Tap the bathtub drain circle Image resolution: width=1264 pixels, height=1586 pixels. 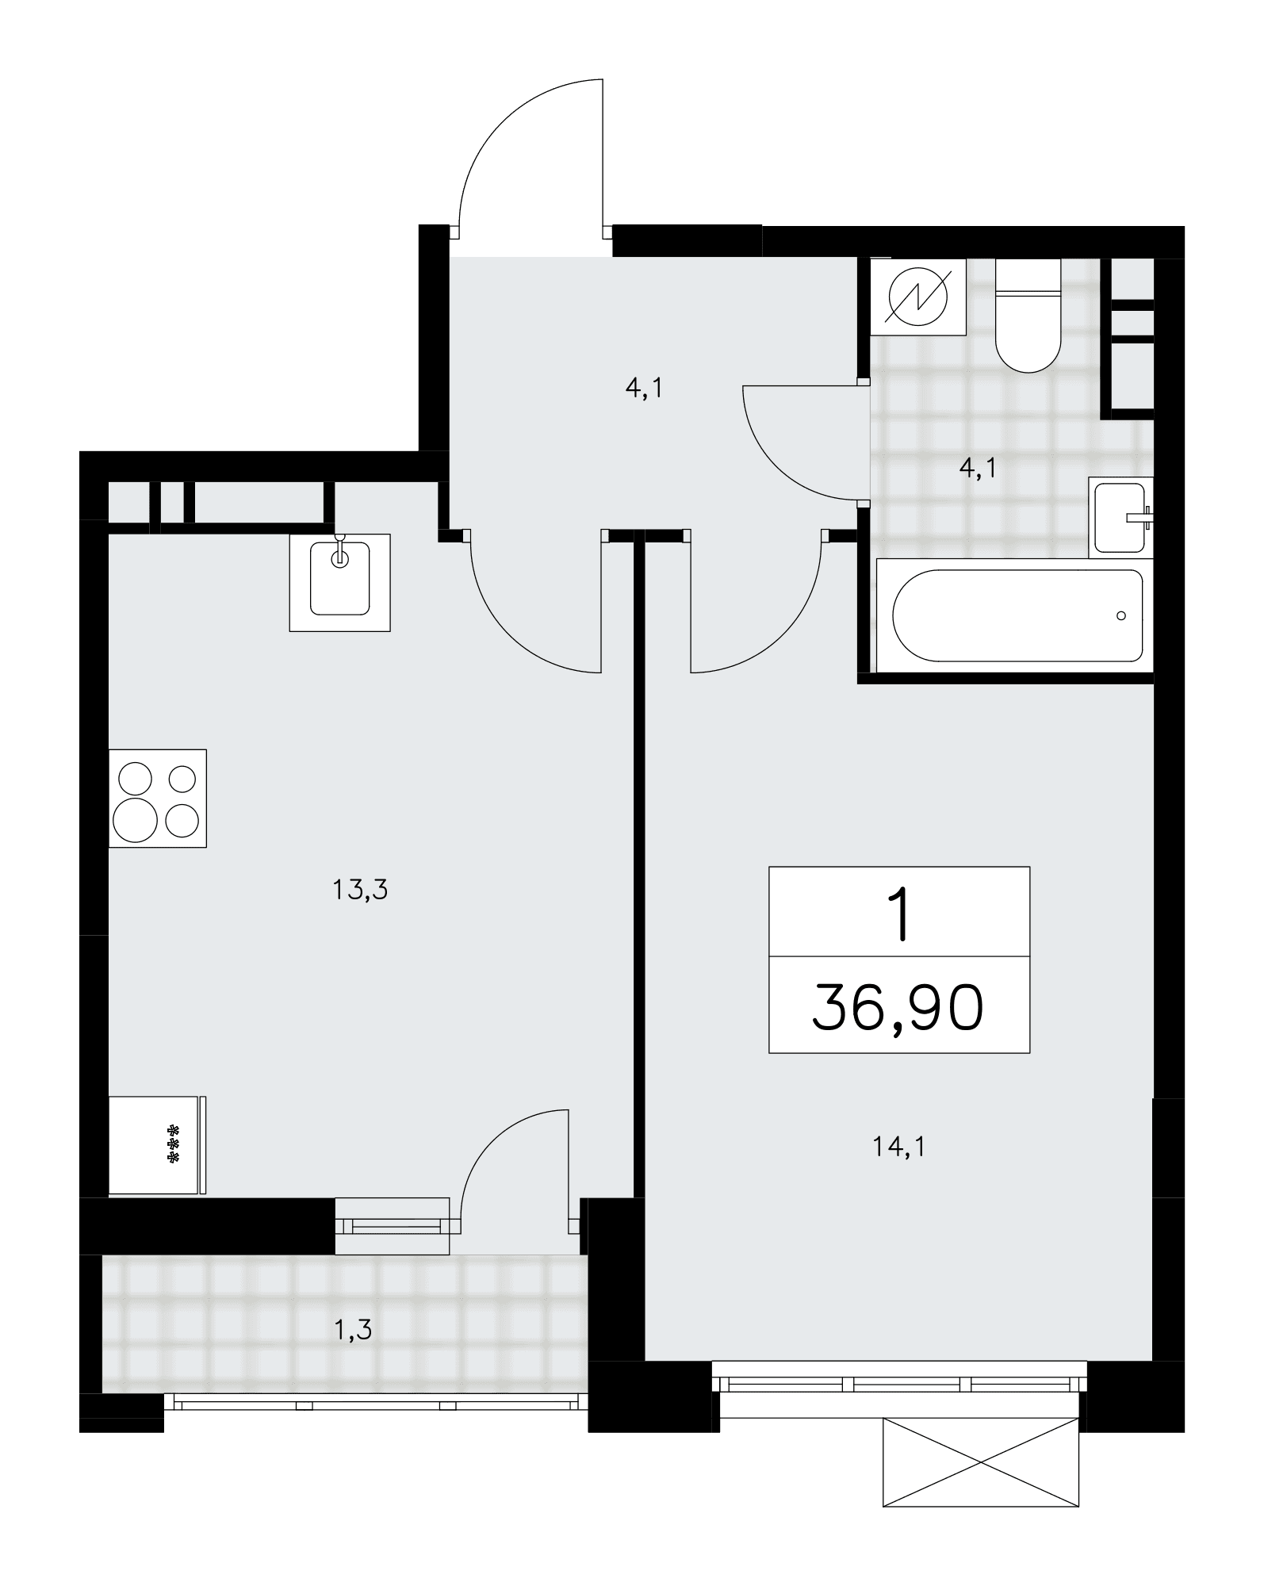(x=1120, y=615)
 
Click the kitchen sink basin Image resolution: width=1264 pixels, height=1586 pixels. (x=340, y=578)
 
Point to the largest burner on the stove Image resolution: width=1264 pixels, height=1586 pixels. (x=136, y=819)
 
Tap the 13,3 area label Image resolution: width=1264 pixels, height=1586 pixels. (x=360, y=891)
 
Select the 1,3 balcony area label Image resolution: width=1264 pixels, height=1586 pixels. (x=352, y=1329)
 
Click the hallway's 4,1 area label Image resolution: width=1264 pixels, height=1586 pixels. (x=644, y=389)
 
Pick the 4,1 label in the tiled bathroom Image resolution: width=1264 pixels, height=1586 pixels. (x=977, y=469)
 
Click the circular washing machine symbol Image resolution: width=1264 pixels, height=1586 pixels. (x=918, y=297)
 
